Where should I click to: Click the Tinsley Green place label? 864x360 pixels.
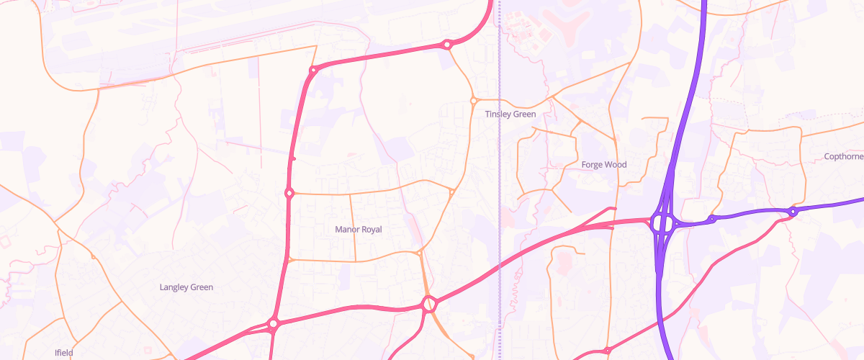(x=510, y=114)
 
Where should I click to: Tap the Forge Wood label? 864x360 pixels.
(x=604, y=164)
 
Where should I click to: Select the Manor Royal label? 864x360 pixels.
(x=359, y=229)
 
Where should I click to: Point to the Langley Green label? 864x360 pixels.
(x=186, y=287)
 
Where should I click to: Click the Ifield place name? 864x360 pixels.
(x=64, y=353)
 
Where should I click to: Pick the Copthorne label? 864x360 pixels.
(x=843, y=156)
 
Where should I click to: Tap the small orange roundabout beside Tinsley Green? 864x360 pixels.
(x=474, y=100)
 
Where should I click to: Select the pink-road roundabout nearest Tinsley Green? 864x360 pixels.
(x=447, y=45)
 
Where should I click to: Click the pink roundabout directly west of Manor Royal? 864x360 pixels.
(x=289, y=193)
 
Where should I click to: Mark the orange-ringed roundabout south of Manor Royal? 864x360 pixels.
(x=430, y=305)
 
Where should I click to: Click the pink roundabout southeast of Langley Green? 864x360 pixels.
(x=273, y=323)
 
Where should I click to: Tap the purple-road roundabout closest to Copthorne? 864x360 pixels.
(x=792, y=212)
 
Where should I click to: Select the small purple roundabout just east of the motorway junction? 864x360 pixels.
(x=711, y=219)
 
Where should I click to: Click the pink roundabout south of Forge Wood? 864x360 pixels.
(x=607, y=351)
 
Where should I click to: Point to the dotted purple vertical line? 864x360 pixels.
(x=500, y=180)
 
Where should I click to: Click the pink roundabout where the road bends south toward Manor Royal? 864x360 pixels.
(x=312, y=71)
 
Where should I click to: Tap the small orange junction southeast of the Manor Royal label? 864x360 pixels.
(x=419, y=253)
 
